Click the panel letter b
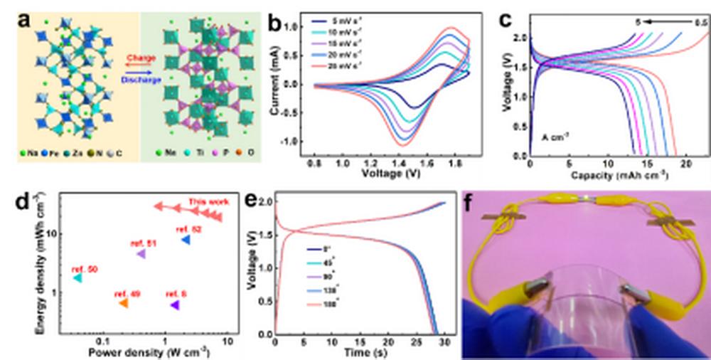tap(274, 21)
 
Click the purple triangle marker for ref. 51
tap(141, 254)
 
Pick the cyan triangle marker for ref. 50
tap(77, 278)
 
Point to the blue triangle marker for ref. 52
tap(186, 240)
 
